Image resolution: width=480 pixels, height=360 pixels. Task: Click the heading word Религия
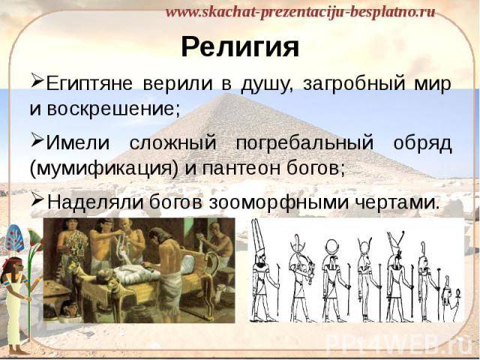pos(240,47)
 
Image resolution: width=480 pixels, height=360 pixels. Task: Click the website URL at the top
pos(300,12)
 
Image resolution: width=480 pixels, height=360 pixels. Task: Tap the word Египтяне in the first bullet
pos(89,83)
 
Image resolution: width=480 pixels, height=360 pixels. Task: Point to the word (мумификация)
pos(103,168)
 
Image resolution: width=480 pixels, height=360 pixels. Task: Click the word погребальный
pos(304,143)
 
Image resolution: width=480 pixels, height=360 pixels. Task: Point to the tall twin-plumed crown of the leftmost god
pos(257,238)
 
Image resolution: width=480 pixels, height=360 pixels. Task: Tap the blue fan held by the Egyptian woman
pos(14,238)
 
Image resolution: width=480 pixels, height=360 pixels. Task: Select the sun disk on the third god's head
pos(331,246)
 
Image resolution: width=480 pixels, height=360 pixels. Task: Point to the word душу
pos(265,84)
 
